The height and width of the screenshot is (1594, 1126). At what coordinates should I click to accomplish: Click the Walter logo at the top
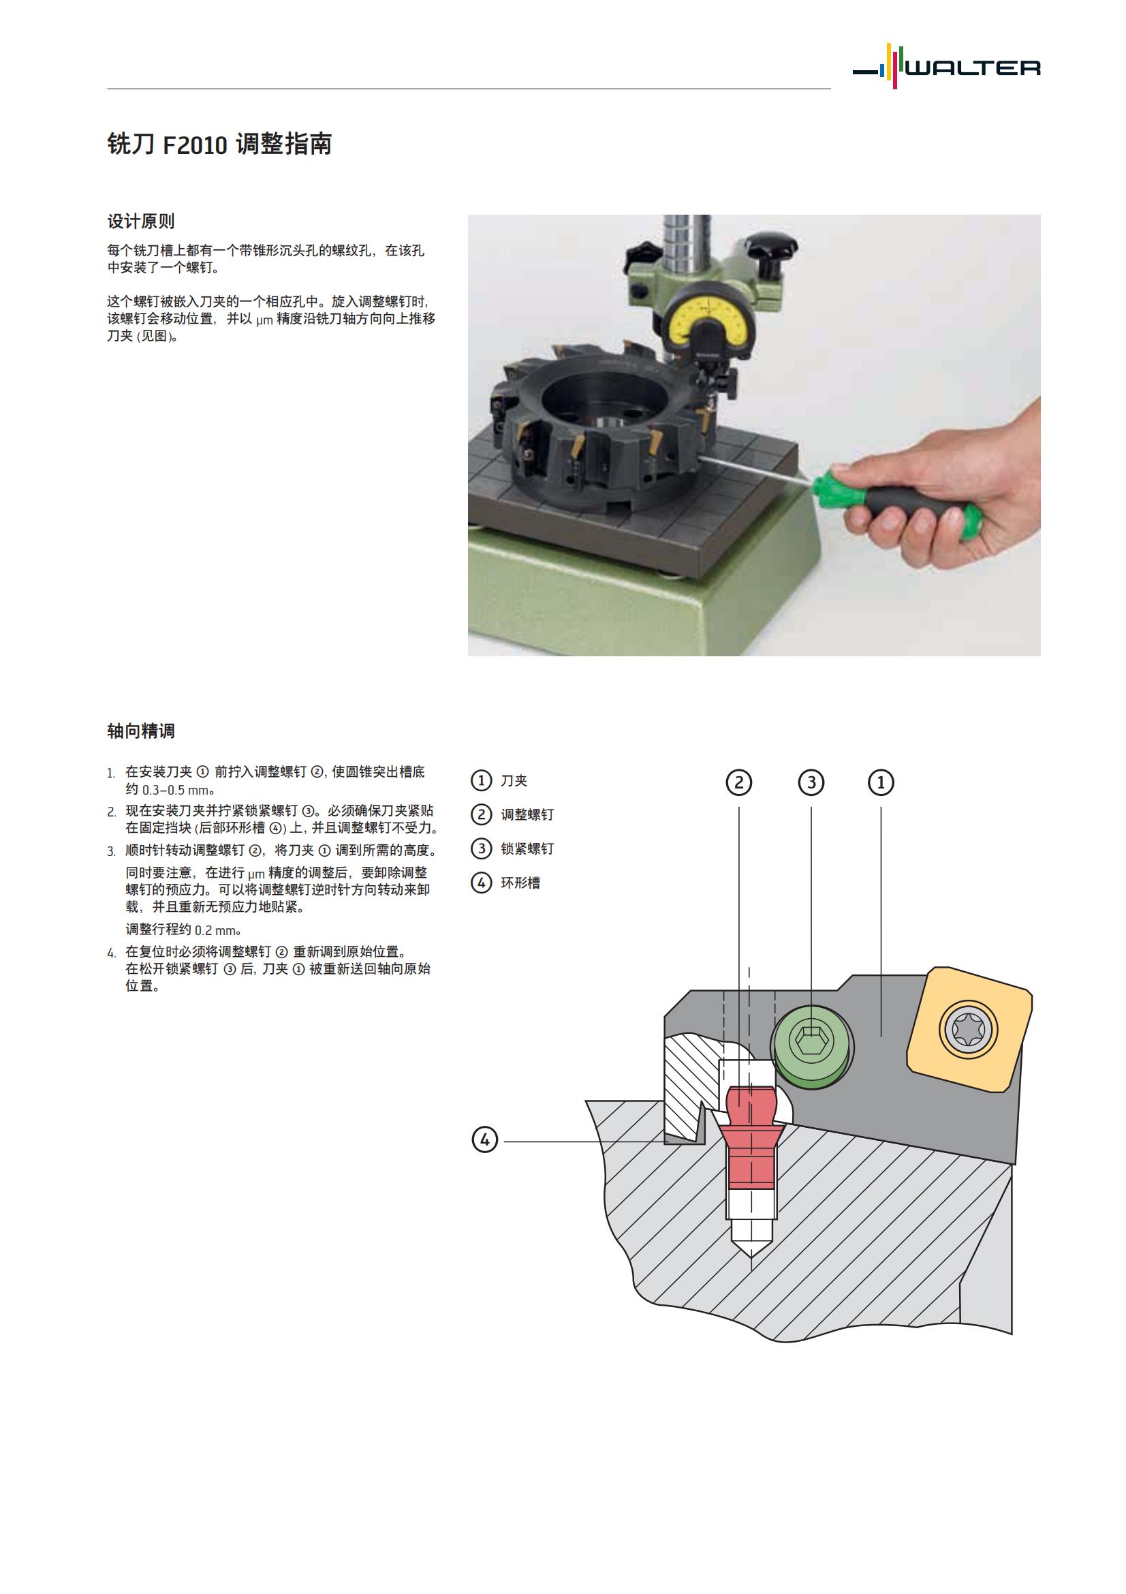[x=946, y=67]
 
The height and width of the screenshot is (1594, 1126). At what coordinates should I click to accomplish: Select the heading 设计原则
[x=141, y=221]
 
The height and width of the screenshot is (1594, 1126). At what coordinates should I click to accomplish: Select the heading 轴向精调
[x=141, y=731]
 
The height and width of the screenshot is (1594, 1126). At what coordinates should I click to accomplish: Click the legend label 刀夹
[x=514, y=781]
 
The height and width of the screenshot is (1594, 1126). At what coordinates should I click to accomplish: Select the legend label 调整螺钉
[x=527, y=815]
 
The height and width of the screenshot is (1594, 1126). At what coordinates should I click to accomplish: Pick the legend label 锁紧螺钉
[x=527, y=849]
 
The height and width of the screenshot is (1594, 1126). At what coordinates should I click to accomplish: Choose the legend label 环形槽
[x=520, y=883]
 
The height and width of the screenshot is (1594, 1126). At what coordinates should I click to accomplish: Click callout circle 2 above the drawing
[x=739, y=783]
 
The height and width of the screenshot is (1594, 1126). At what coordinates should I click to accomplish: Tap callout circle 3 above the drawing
[x=811, y=783]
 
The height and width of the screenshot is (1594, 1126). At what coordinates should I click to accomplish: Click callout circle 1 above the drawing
[x=881, y=783]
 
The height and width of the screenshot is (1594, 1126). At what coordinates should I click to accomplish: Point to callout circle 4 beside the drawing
[x=484, y=1140]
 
